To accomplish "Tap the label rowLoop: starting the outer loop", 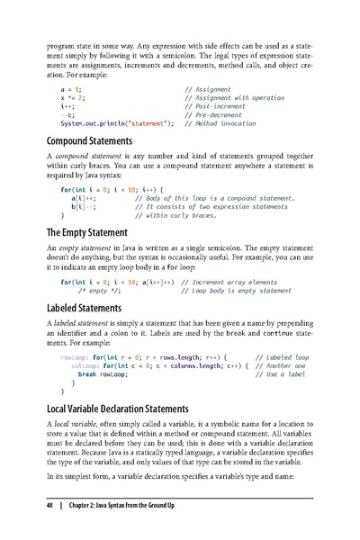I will coord(74,357).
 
